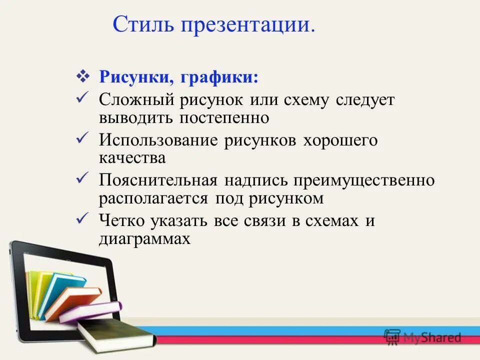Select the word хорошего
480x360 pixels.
tap(340, 140)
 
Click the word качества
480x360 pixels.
tap(132, 158)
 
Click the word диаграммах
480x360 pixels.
tap(144, 239)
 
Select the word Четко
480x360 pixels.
tap(121, 220)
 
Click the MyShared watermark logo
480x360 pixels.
tap(422, 336)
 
